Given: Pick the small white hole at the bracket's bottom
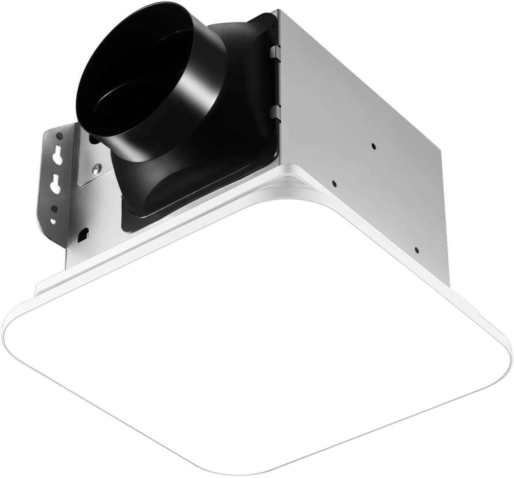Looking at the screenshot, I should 52,222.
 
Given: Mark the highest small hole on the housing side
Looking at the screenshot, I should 373,145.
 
